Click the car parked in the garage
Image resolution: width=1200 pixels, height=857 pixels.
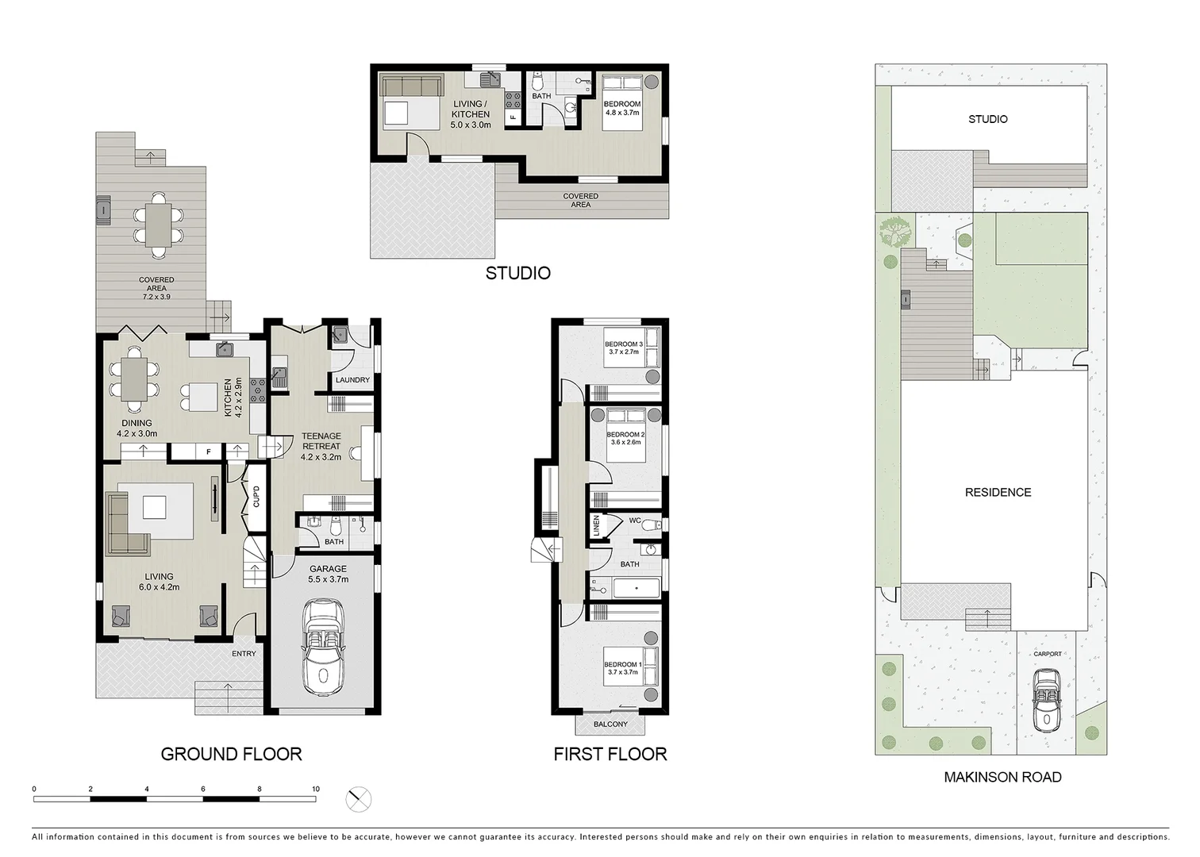(x=323, y=645)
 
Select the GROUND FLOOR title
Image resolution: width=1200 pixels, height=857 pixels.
(x=231, y=754)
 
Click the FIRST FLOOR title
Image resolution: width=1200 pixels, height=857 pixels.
(x=610, y=754)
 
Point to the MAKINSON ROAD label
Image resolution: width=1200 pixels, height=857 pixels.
(x=1002, y=777)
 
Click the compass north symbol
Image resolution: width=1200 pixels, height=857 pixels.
(x=360, y=799)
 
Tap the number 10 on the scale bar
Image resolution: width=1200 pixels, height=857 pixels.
(x=316, y=789)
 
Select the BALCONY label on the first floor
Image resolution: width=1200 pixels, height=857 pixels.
(x=610, y=724)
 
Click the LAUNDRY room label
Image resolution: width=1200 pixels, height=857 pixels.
(x=352, y=380)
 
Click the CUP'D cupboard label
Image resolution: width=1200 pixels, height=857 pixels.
(x=256, y=497)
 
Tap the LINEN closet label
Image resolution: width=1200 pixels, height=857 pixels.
(x=596, y=525)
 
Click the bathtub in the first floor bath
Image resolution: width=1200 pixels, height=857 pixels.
(x=637, y=589)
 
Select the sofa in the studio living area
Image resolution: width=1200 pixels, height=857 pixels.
(x=411, y=86)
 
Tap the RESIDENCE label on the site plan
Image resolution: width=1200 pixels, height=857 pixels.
(x=998, y=492)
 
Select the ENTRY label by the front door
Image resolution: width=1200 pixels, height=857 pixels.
(x=244, y=653)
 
